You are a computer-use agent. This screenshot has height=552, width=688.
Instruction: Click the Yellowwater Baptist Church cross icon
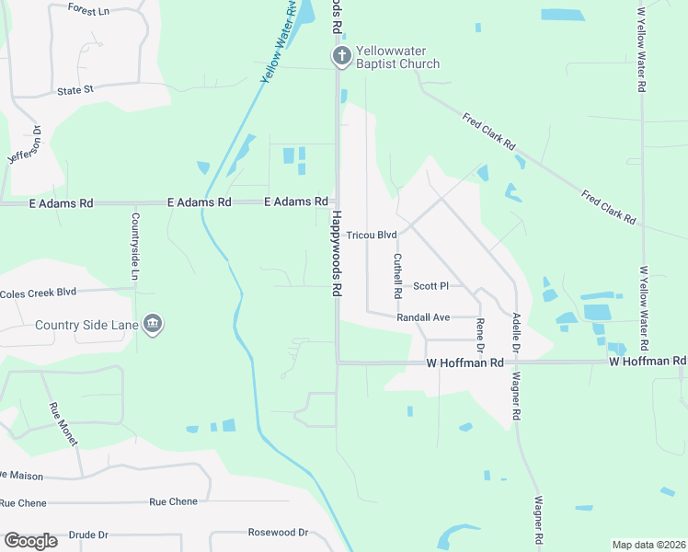pos(341,57)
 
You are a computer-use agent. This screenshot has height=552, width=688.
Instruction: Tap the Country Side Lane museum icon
pos(154,324)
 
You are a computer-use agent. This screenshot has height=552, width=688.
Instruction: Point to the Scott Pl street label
pos(430,286)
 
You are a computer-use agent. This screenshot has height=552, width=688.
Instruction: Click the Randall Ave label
pos(422,317)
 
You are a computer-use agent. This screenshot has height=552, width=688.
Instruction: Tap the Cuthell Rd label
pos(397,275)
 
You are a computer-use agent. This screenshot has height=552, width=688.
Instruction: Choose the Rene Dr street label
pos(479,336)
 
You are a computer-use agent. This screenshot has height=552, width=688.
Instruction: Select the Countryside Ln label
pos(134,247)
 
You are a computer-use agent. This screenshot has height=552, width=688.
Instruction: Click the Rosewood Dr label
pos(278,533)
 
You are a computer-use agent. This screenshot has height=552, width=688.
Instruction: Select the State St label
pos(75,90)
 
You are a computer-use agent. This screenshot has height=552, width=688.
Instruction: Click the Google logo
pos(30,541)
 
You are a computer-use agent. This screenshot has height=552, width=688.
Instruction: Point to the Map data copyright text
pos(648,545)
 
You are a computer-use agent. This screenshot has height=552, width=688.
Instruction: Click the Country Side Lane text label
pos(86,325)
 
